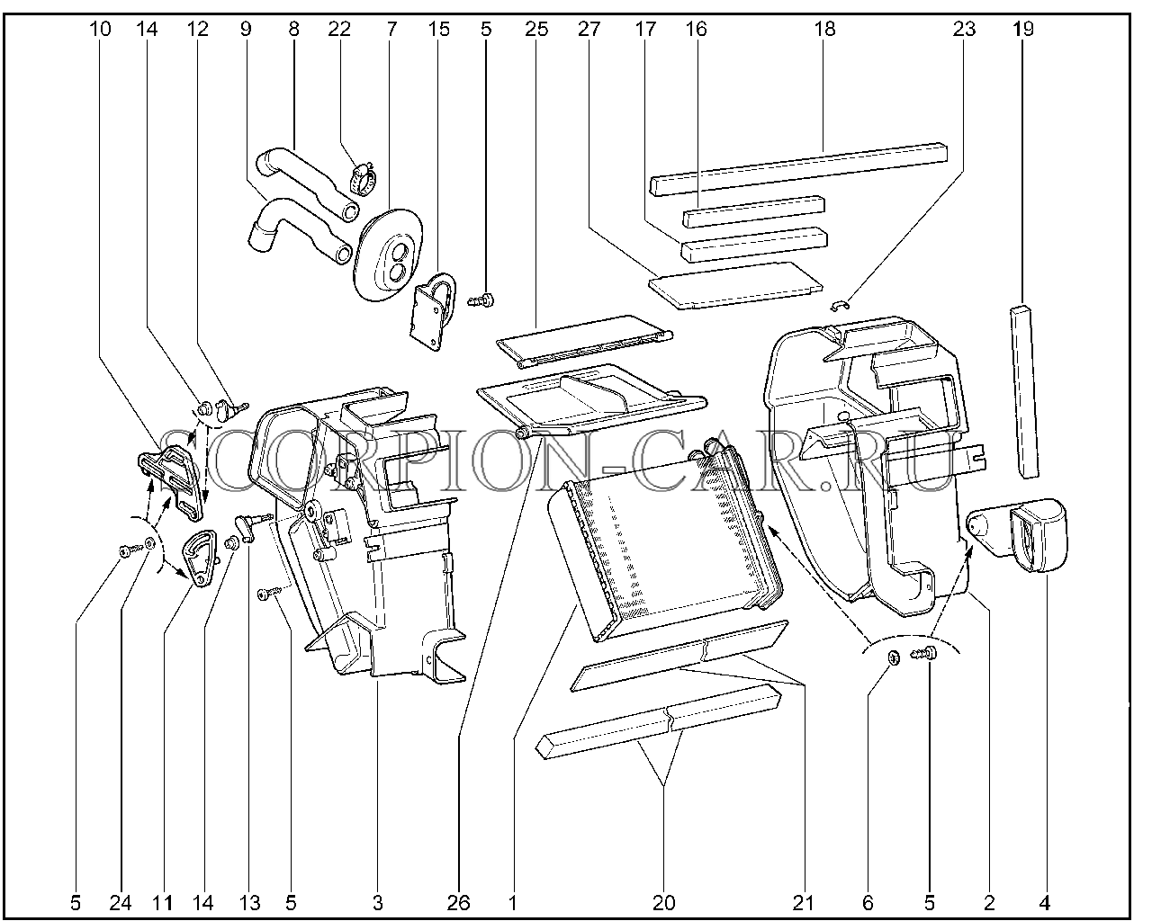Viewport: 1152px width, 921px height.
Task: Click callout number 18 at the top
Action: pos(825,29)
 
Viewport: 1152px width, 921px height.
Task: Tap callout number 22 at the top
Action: pos(339,29)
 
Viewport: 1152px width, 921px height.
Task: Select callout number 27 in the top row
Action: pos(589,29)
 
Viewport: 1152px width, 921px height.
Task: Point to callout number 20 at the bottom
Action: pos(664,903)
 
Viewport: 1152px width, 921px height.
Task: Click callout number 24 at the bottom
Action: pos(121,903)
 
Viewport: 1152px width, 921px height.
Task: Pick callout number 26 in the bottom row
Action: pos(459,903)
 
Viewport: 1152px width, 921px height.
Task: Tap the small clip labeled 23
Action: pos(841,306)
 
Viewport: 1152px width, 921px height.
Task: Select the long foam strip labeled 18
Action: pos(797,169)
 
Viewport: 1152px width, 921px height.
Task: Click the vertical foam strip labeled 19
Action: pos(1024,391)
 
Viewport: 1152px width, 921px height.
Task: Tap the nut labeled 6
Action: pos(894,657)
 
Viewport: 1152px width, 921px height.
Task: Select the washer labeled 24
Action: pos(151,544)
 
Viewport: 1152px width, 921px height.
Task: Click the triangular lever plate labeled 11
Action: pos(200,559)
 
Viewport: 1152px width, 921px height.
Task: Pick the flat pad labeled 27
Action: pos(735,285)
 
